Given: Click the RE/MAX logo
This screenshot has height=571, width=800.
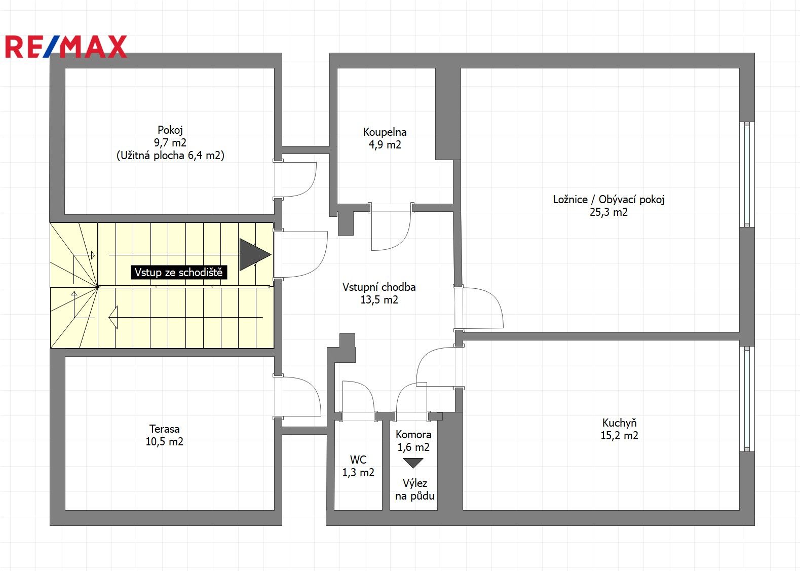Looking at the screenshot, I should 66,47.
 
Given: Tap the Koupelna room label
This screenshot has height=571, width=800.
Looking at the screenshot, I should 385,132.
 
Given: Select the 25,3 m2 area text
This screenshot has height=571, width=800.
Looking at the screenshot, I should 608,212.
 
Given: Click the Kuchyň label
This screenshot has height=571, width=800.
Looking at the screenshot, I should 619,423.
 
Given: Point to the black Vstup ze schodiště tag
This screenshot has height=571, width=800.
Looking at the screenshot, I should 178,273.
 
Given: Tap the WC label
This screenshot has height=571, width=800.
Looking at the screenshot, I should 358,460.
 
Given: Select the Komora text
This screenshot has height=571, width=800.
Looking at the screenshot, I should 413,435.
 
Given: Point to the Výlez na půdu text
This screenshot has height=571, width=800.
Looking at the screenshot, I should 415,490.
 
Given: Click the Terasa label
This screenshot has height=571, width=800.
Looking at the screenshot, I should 164,429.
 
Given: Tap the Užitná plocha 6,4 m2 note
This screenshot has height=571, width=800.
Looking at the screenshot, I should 170,156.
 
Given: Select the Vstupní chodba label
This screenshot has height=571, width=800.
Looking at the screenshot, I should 379,287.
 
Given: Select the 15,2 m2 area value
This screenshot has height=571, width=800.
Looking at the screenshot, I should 619,436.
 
